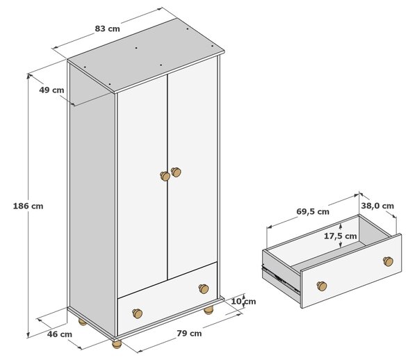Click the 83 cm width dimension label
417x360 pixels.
click(108, 28)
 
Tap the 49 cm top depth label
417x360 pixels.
click(51, 90)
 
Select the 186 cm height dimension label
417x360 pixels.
click(28, 206)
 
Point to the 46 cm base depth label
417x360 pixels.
click(60, 334)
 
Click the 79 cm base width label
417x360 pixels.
click(189, 333)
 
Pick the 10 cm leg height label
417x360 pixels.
click(243, 301)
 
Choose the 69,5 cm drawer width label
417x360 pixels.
click(313, 212)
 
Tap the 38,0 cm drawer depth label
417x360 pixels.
click(377, 206)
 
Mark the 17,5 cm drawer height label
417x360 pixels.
click(340, 236)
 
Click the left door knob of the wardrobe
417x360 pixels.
click(165, 176)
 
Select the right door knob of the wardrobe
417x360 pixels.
click(176, 172)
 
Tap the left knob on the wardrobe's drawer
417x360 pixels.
click(137, 313)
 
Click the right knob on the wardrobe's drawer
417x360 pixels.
click(204, 288)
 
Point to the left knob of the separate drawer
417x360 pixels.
click(322, 286)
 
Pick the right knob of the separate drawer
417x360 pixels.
click(388, 261)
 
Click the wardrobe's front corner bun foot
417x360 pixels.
click(117, 344)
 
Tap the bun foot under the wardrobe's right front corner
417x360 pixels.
click(208, 310)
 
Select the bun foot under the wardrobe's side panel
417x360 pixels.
click(83, 322)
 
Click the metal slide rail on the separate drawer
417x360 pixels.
click(281, 278)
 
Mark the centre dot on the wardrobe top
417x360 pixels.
click(136, 48)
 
